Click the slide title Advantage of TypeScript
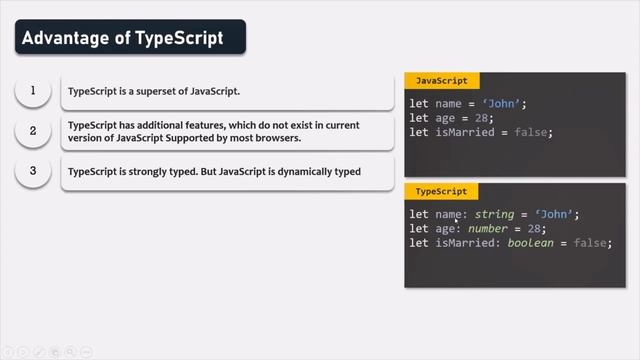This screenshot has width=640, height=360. (x=122, y=39)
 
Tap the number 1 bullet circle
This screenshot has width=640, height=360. (x=33, y=92)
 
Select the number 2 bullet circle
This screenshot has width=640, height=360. (x=33, y=131)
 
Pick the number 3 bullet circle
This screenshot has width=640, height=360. (x=33, y=171)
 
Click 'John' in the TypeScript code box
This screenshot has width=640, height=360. (x=557, y=214)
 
